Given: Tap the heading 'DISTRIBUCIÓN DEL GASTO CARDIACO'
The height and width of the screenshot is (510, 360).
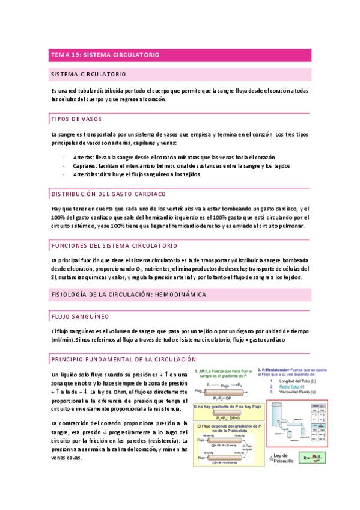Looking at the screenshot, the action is click(109, 194).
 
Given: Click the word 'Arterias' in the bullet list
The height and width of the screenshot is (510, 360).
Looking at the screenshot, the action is click(83, 158).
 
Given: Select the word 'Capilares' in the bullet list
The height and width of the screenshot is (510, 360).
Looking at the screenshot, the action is click(84, 166).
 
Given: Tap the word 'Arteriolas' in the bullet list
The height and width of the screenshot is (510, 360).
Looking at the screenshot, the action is click(85, 174).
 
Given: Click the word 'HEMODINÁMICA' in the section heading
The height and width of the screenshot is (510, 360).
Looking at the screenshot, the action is click(180, 295).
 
